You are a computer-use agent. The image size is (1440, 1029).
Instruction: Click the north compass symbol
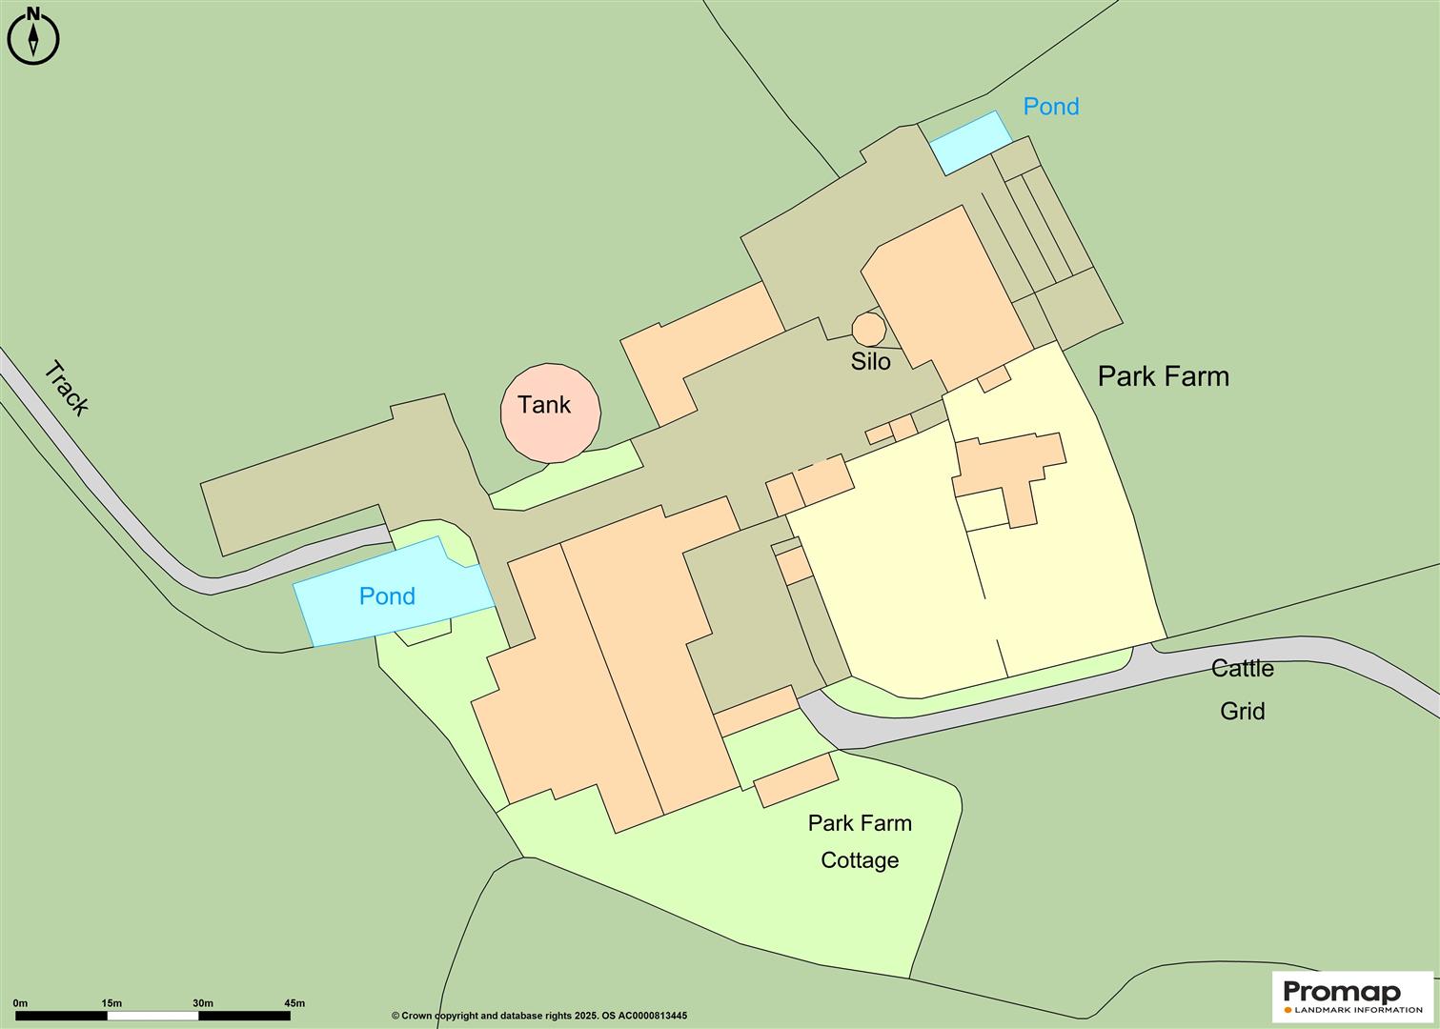pyautogui.click(x=33, y=37)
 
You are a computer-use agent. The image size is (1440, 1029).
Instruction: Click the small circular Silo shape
pyautogui.click(x=868, y=329)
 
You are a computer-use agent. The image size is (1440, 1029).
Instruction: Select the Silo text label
pyautogui.click(x=870, y=362)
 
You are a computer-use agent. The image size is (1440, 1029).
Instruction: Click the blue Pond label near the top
pyautogui.click(x=1050, y=107)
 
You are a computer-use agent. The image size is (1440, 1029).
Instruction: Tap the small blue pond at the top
pyautogui.click(x=970, y=142)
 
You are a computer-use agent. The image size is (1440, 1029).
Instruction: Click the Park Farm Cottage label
pyautogui.click(x=860, y=841)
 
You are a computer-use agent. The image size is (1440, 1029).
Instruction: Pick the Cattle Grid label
pyautogui.click(x=1243, y=689)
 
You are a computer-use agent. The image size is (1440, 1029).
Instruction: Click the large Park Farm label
pyautogui.click(x=1163, y=376)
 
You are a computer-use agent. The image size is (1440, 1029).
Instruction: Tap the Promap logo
pyautogui.click(x=1352, y=996)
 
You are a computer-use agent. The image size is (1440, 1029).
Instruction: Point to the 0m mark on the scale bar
pyautogui.click(x=20, y=1003)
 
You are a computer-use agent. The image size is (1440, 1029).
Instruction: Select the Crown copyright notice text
pyautogui.click(x=538, y=1017)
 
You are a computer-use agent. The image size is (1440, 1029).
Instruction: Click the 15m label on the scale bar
pyautogui.click(x=111, y=1003)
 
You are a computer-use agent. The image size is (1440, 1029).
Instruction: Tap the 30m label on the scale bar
pyautogui.click(x=202, y=1003)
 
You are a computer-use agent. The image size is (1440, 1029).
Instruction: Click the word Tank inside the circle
pyautogui.click(x=544, y=405)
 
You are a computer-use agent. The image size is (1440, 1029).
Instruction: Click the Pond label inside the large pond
pyautogui.click(x=387, y=596)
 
